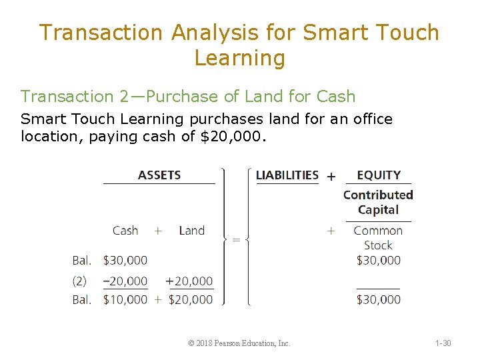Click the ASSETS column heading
coord(159,175)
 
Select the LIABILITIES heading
coord(287,175)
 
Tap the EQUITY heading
coord(379,175)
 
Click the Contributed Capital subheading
coord(378,202)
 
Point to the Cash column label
coord(125,231)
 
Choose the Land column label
coord(191,231)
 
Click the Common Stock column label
coord(378,238)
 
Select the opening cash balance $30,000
coord(125,260)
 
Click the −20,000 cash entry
coord(125,281)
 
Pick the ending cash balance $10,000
coord(125,300)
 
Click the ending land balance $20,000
coord(191,300)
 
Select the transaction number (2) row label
coord(79,281)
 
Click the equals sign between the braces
coord(235,240)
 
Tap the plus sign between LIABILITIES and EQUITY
coord(331,177)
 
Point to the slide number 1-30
coord(443,343)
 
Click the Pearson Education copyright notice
coord(239,343)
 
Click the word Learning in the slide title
coord(239,58)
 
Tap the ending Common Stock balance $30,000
coord(379,300)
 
